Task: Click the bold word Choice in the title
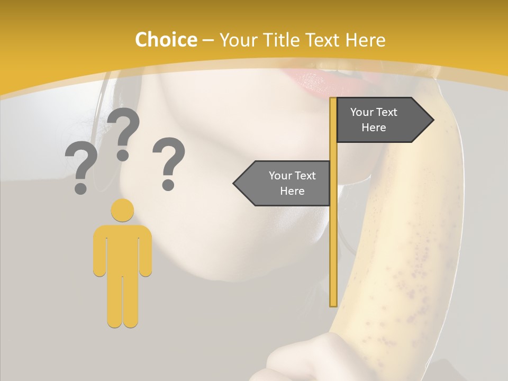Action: point(166,40)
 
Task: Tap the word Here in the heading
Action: point(365,40)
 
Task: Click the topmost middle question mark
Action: point(123,132)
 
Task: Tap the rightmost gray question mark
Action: point(169,161)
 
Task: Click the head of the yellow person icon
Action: point(122,210)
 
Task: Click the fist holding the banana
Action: point(307,360)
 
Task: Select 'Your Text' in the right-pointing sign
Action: point(374,112)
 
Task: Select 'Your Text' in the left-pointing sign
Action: point(292,176)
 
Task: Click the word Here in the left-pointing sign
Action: point(292,191)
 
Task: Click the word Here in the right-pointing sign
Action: point(374,128)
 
